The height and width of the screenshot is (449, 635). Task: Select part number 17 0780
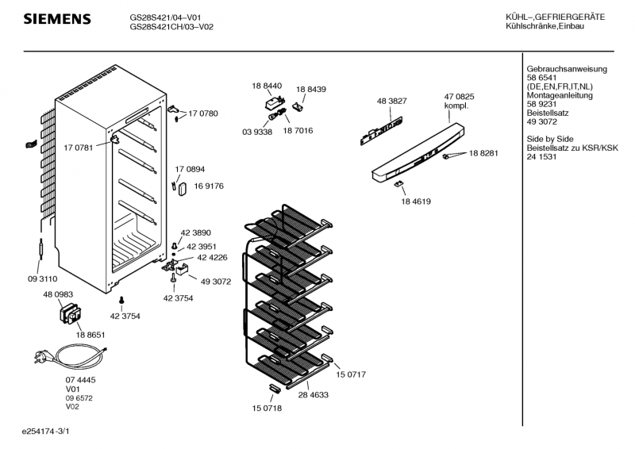[203, 114]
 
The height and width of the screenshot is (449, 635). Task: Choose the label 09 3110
[42, 278]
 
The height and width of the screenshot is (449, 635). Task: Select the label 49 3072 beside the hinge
[216, 282]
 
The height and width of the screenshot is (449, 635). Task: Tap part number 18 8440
[267, 86]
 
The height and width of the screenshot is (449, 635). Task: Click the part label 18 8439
[311, 90]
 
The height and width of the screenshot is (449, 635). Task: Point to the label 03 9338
[256, 132]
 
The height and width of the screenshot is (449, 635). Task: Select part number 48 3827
[391, 101]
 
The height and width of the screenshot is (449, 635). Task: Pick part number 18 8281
[483, 153]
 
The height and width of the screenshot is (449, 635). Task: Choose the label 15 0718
[267, 409]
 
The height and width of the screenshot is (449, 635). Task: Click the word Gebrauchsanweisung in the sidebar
[567, 69]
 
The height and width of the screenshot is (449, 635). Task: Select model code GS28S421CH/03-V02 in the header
[171, 27]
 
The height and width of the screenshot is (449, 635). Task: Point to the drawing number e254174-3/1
[52, 432]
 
